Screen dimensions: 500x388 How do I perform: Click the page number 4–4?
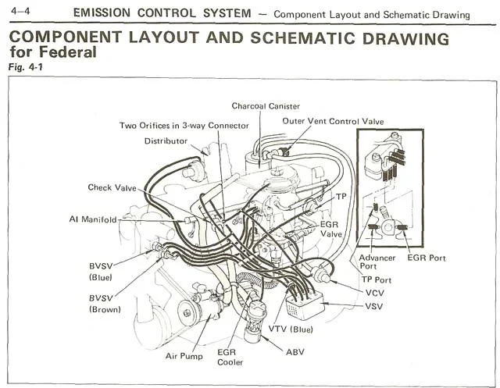pos(20,11)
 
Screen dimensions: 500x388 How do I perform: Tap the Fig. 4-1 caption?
pos(26,67)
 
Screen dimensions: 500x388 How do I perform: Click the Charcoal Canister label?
pos(266,106)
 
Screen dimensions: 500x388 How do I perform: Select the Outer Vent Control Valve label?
pos(333,121)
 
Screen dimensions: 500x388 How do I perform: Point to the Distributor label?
pos(166,141)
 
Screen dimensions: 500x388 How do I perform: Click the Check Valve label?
pos(112,187)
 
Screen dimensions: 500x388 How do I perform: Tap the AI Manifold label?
pos(93,219)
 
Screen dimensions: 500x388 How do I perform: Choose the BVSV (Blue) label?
pos(101,272)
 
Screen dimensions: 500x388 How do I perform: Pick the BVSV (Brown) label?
pos(105,304)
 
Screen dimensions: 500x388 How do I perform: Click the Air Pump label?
pos(184,356)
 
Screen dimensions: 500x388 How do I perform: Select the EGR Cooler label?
pos(230,357)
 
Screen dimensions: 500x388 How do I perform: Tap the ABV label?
pos(295,352)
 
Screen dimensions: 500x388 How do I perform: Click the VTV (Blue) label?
pos(291,329)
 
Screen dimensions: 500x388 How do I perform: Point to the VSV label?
pos(373,307)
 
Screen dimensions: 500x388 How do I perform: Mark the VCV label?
pos(375,293)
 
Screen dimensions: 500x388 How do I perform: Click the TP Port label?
pos(377,280)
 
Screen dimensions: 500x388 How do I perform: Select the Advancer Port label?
pos(377,262)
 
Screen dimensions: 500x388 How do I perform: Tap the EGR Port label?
pos(427,258)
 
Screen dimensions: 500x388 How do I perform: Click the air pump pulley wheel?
pos(187,312)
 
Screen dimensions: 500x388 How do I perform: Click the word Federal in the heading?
pos(68,52)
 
